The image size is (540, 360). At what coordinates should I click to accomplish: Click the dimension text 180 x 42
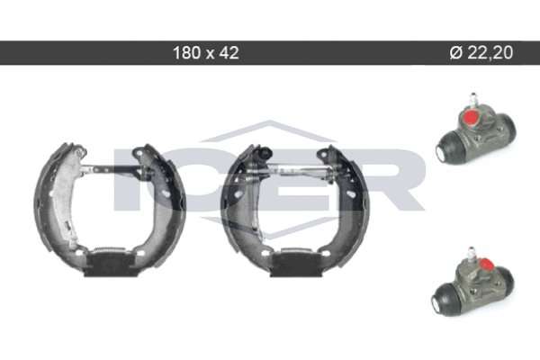tap(205, 53)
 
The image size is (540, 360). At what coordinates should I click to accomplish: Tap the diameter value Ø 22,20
tap(481, 53)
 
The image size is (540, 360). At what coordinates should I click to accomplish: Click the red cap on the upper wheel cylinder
tap(471, 118)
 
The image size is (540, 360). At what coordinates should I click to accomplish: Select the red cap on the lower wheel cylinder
tap(487, 265)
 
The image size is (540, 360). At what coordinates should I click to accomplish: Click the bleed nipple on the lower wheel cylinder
tap(472, 253)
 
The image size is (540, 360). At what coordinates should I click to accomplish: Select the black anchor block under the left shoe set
tap(111, 265)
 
